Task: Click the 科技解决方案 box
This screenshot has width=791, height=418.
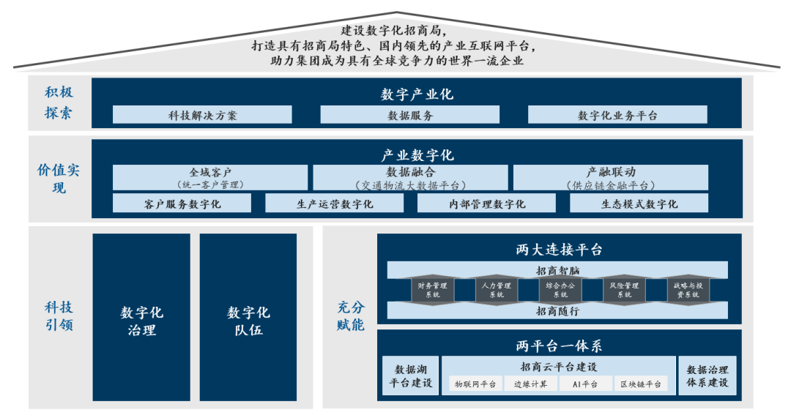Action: pyautogui.click(x=202, y=115)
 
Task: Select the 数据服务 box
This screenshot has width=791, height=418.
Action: pyautogui.click(x=410, y=115)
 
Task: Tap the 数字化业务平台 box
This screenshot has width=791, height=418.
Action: pyautogui.click(x=617, y=115)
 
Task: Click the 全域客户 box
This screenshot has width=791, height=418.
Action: pyautogui.click(x=210, y=178)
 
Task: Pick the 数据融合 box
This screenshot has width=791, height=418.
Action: pyautogui.click(x=410, y=178)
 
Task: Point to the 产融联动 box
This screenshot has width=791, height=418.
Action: pyautogui.click(x=611, y=178)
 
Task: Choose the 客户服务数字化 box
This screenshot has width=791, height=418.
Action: pyautogui.click(x=182, y=204)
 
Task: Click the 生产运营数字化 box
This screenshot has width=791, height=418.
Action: pyautogui.click(x=334, y=204)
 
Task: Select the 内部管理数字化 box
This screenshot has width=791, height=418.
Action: pyautogui.click(x=486, y=204)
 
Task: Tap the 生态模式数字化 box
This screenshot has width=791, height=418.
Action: pyautogui.click(x=639, y=204)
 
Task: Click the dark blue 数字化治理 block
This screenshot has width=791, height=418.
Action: pyautogui.click(x=141, y=318)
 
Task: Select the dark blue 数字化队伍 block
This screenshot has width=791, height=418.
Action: pyautogui.click(x=248, y=318)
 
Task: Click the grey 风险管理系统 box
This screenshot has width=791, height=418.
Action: pyautogui.click(x=623, y=290)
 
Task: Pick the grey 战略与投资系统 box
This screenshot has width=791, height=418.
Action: pyautogui.click(x=686, y=290)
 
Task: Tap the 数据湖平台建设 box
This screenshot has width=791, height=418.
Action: pyautogui.click(x=410, y=376)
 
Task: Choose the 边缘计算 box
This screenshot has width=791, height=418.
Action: pyautogui.click(x=530, y=384)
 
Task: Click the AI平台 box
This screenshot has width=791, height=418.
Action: pyautogui.click(x=584, y=384)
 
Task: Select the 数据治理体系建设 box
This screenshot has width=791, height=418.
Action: pyautogui.click(x=708, y=376)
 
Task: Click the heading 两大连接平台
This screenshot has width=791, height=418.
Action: pyautogui.click(x=559, y=250)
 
